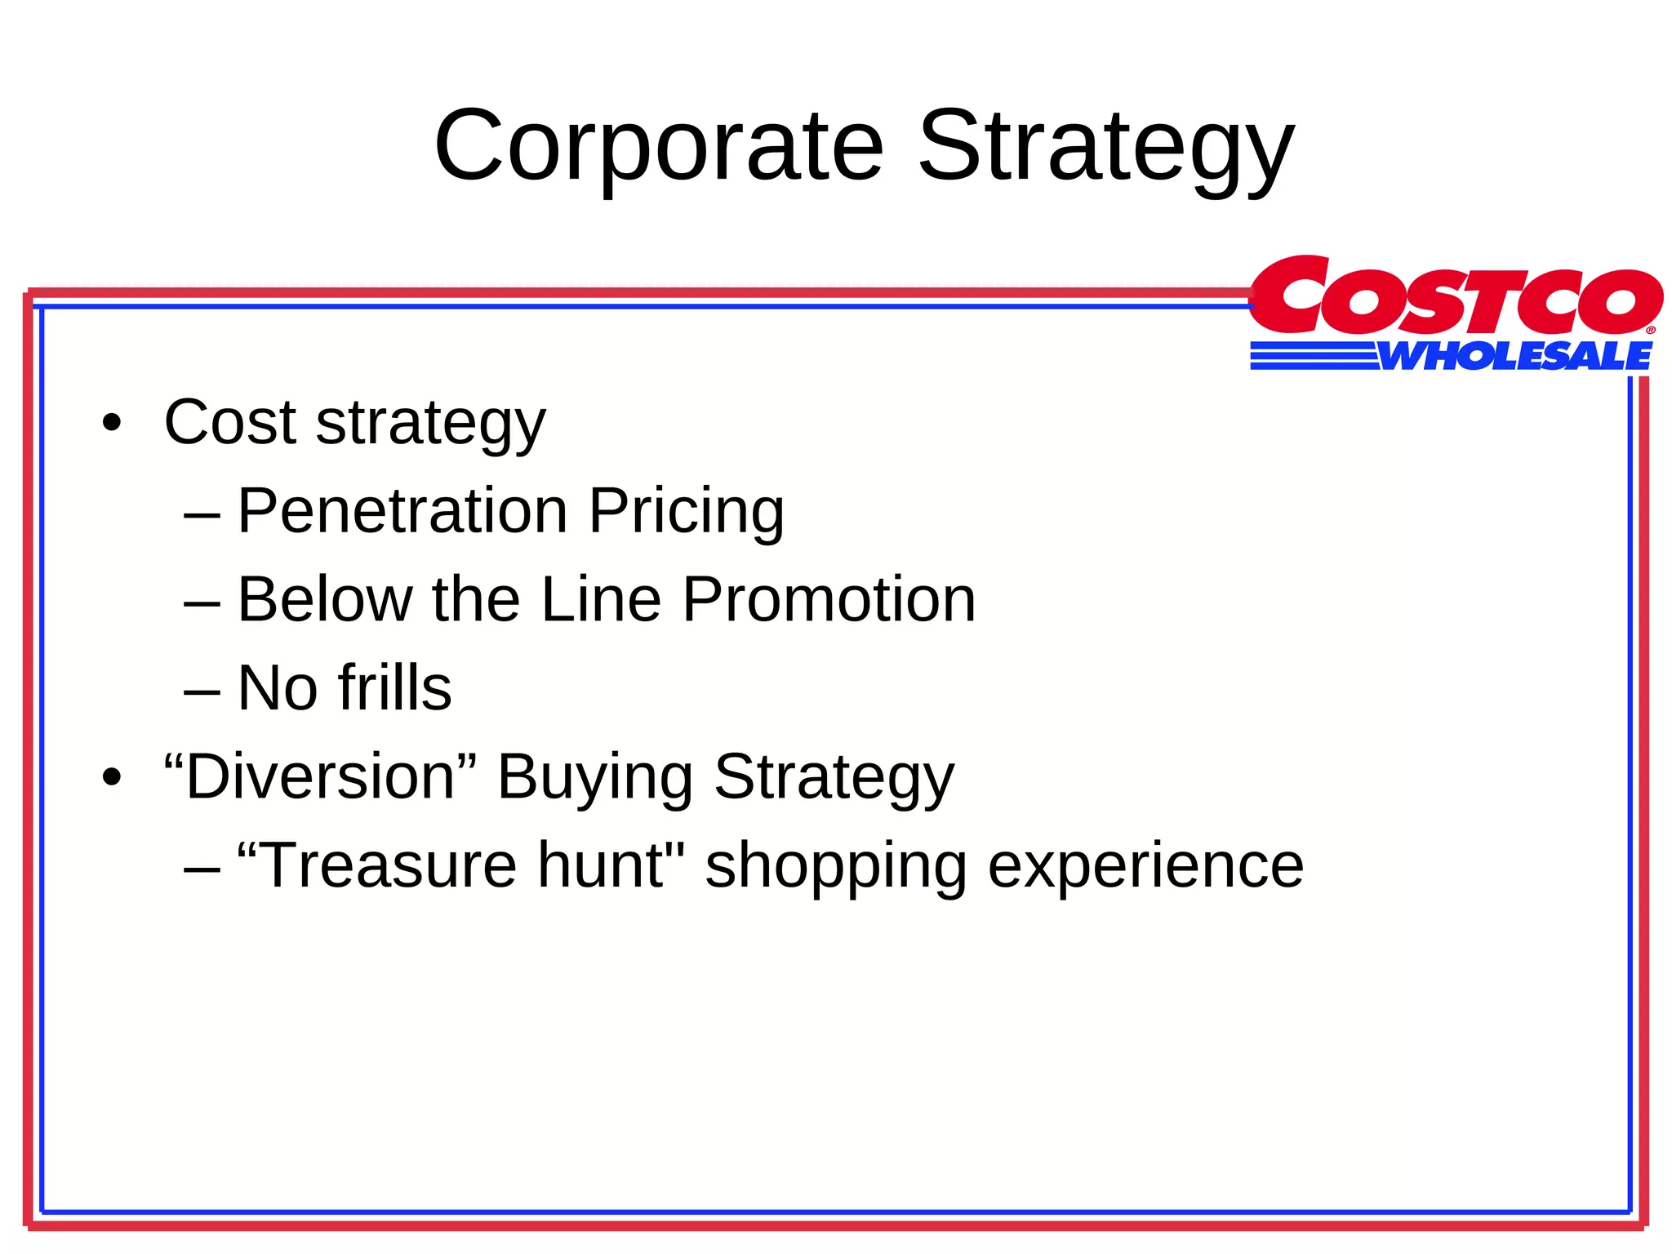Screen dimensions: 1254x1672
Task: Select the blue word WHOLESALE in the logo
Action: pos(1515,357)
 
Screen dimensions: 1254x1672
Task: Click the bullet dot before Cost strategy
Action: pos(112,424)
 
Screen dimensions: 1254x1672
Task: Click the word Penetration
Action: pos(402,511)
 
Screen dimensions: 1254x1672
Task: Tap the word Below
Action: pos(324,599)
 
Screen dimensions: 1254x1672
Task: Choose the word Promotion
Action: pos(829,599)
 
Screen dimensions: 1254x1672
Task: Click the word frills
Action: pos(394,688)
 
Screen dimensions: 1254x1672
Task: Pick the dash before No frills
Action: pos(202,691)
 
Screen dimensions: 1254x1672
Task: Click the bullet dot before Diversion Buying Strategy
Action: pos(112,777)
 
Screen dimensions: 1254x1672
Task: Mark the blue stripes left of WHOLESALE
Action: pos(1313,357)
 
